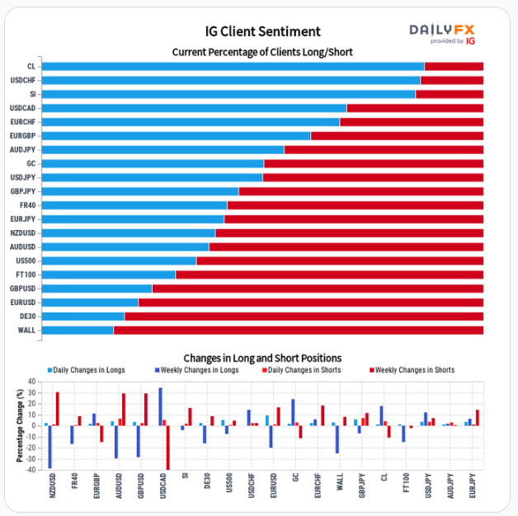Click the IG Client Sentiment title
pyautogui.click(x=262, y=31)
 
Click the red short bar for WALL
pyautogui.click(x=299, y=330)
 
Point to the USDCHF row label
pyautogui.click(x=23, y=80)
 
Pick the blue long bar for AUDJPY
pyautogui.click(x=162, y=149)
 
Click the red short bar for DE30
pyautogui.click(x=304, y=316)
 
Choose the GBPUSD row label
pyautogui.click(x=23, y=288)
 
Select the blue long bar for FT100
pyautogui.click(x=108, y=274)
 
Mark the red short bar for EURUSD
pyautogui.click(x=311, y=303)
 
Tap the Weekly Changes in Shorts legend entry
pyautogui.click(x=411, y=370)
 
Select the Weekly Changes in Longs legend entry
pyautogui.click(x=196, y=370)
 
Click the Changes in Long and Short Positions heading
pyautogui.click(x=262, y=358)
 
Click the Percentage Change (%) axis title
pyautogui.click(x=20, y=425)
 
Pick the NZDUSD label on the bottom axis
pyautogui.click(x=52, y=487)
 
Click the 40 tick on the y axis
pyautogui.click(x=33, y=382)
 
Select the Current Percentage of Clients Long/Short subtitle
pyautogui.click(x=262, y=52)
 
